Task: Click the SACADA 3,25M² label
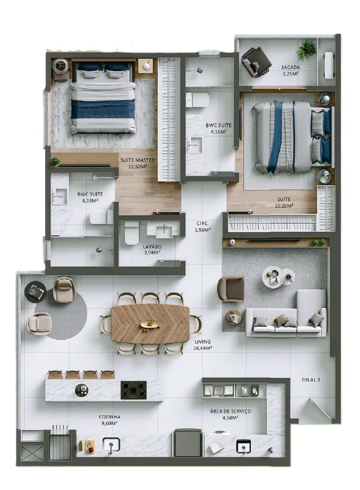[291, 71]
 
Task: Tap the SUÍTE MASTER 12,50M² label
[138, 163]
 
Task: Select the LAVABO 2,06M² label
[152, 250]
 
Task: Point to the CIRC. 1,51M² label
[203, 227]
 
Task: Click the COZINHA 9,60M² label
[109, 420]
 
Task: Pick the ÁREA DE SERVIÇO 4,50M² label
[230, 414]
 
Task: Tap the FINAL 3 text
[311, 380]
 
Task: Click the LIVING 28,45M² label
[203, 345]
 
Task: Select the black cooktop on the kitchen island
[133, 390]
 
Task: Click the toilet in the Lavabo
[131, 233]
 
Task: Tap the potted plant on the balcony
[306, 50]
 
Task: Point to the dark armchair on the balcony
[256, 62]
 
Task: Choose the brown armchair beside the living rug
[231, 289]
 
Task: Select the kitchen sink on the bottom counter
[112, 445]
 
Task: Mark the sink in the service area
[244, 446]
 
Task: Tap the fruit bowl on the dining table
[150, 324]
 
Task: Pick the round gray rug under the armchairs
[61, 313]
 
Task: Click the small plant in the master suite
[55, 161]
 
